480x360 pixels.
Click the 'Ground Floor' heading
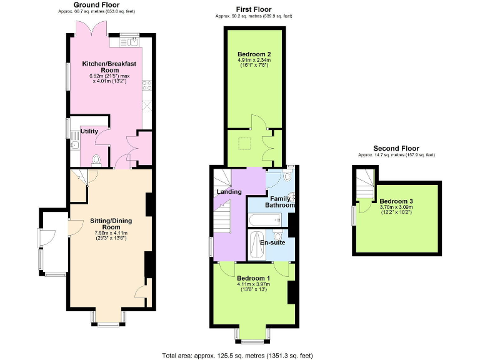[101, 5]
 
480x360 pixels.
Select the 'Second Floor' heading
[396, 148]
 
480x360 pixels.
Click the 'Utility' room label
[89, 131]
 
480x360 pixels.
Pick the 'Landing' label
[229, 192]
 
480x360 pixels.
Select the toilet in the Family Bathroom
[289, 199]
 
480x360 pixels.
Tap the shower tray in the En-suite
[256, 246]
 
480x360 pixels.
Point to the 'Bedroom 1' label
[252, 278]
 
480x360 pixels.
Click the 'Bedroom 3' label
[396, 201]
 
